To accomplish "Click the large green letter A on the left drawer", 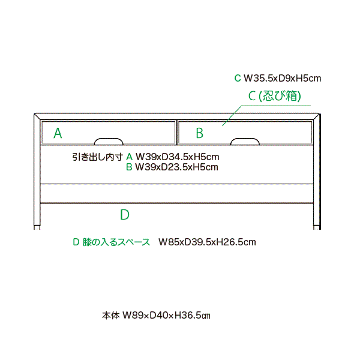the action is point(58,133).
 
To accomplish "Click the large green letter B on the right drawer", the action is point(200,133).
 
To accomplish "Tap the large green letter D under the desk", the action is point(125,215).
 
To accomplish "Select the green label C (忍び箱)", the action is point(275,96).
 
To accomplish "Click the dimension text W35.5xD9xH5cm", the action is point(282,78).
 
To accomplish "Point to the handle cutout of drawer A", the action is point(109,141).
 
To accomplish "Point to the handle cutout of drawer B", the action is point(245,141).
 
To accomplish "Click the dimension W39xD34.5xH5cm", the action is point(177,157).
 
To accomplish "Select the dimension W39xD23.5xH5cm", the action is point(176,167).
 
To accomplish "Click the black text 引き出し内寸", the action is point(98,157).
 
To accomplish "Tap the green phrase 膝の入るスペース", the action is point(116,242).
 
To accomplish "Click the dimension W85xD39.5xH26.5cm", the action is point(207,242).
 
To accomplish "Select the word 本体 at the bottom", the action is point(111,316).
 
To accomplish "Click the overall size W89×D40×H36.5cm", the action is point(166,316).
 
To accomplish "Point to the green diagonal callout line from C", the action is point(232,116).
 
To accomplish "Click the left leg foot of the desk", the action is point(37,227).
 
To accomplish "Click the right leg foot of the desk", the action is point(317,227).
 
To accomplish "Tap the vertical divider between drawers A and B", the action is point(177,132).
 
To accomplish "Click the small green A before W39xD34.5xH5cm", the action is point(129,157).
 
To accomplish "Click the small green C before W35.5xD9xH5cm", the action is point(238,78).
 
